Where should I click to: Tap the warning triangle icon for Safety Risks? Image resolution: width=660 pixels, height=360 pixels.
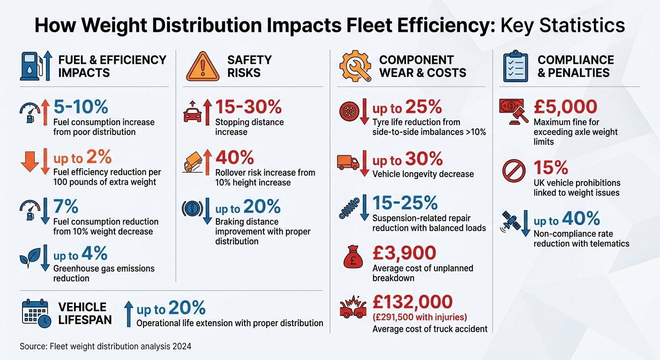[x=202, y=67]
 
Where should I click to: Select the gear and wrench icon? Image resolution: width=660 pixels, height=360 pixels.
[x=354, y=67]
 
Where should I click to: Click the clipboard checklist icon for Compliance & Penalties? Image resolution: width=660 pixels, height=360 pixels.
[x=515, y=66]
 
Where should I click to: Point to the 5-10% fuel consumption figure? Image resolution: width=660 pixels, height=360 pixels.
[x=81, y=107]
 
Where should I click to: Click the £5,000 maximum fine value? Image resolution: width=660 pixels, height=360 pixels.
[x=565, y=107]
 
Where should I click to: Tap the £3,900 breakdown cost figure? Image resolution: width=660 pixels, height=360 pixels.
[x=404, y=253]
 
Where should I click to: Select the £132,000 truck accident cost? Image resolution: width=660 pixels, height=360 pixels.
[x=412, y=302]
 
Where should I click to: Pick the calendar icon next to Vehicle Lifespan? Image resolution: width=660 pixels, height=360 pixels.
[x=36, y=313]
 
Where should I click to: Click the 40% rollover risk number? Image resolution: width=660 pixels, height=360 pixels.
[x=234, y=157]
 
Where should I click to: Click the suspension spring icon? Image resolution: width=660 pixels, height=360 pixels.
[x=349, y=209]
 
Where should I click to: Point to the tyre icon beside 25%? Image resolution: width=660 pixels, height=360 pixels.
[x=349, y=112]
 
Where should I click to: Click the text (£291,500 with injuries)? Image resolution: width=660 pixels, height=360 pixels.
[x=420, y=316]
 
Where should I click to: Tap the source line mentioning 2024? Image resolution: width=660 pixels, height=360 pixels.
[x=105, y=346]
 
